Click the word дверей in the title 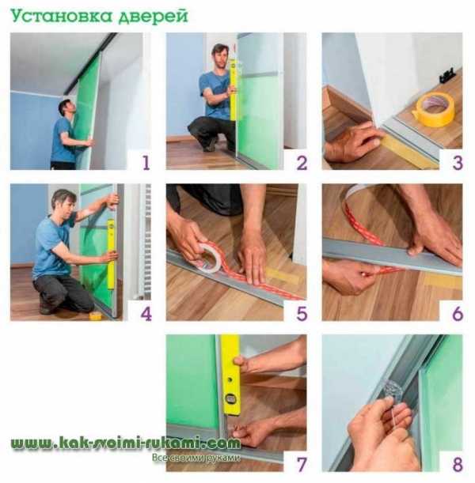(154, 17)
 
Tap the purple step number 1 (146, 163)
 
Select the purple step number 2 (302, 163)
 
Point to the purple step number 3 (458, 163)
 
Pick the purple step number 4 (146, 314)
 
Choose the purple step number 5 (302, 314)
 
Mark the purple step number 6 (458, 314)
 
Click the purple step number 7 (302, 465)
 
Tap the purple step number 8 (458, 465)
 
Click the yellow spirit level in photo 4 (111, 255)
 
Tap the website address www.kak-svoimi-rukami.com (126, 443)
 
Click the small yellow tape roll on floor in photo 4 (96, 315)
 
